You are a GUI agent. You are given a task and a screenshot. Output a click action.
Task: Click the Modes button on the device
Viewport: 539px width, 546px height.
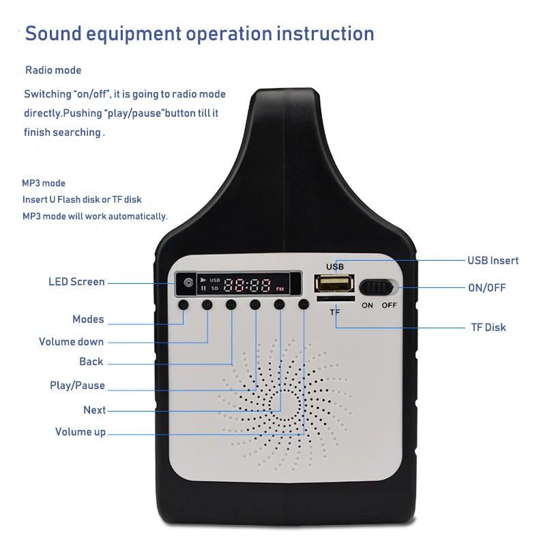[184, 304]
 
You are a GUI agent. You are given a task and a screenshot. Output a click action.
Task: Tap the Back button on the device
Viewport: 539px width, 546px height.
[231, 304]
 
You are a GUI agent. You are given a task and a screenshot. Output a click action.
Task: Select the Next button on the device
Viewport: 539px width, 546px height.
[279, 304]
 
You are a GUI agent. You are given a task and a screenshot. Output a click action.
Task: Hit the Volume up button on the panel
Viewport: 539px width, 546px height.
[303, 304]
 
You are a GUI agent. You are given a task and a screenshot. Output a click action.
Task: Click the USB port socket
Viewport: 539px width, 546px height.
[334, 284]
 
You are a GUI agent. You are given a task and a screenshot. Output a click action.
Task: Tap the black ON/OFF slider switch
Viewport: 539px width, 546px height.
[377, 287]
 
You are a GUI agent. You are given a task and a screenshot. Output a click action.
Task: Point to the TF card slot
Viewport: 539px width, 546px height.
[335, 300]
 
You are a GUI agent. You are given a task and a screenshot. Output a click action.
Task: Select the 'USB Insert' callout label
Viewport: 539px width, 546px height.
[493, 260]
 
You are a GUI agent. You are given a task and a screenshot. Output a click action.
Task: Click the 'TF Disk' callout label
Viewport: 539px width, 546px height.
[489, 327]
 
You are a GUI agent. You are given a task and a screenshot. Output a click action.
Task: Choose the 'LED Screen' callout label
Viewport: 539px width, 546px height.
[76, 281]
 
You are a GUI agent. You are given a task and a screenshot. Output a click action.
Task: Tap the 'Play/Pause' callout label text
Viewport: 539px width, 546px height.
[77, 386]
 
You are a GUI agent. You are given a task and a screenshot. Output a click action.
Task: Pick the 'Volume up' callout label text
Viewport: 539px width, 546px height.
[80, 431]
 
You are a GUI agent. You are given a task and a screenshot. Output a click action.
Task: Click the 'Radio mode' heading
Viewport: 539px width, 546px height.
[53, 70]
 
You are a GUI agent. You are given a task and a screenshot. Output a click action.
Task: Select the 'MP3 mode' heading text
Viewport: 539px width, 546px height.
[44, 183]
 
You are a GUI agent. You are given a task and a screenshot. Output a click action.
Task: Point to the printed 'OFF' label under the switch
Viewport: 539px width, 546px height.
[389, 305]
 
